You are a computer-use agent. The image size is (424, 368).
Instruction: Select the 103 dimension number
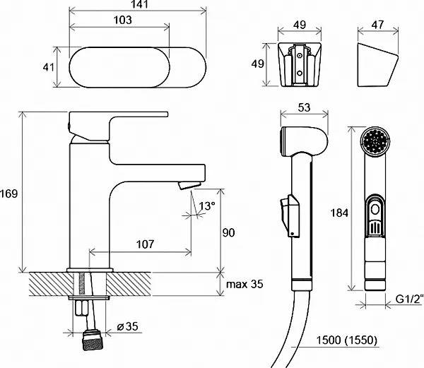point(122,20)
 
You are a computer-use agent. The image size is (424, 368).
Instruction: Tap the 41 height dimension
point(49,67)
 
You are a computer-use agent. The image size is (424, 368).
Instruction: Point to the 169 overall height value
point(9,193)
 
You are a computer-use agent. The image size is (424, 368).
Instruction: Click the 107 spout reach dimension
point(144,244)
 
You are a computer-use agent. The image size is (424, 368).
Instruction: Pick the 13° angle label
point(207,206)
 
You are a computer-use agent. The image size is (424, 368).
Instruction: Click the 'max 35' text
point(245,285)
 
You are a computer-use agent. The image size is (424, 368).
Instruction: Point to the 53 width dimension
point(305,107)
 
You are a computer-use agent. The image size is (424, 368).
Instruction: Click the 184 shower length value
point(340,211)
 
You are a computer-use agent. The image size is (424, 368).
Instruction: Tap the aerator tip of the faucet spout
point(189,186)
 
